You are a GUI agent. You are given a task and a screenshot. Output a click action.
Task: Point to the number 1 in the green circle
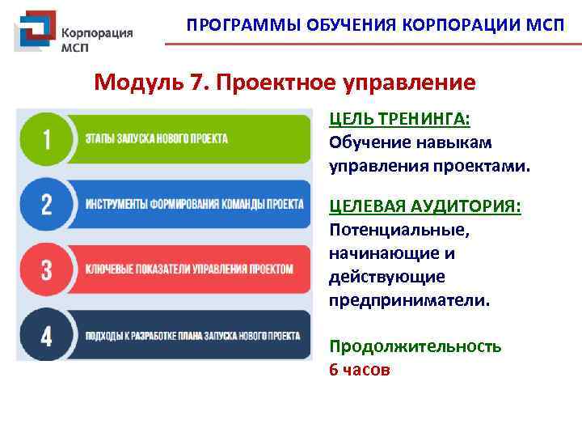(x=45, y=139)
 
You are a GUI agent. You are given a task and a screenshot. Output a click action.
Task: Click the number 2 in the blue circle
(x=45, y=203)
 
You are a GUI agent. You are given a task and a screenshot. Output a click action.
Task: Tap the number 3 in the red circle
(x=45, y=269)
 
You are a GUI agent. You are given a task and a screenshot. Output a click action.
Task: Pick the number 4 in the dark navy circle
(x=45, y=335)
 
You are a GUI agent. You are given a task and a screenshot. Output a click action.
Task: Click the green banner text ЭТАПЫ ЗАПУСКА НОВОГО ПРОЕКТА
(x=157, y=138)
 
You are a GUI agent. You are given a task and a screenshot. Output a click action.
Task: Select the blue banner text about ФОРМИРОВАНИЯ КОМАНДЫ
(x=195, y=203)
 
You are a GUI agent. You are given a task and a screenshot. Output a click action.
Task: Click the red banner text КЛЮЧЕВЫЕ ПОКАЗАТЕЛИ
(x=189, y=269)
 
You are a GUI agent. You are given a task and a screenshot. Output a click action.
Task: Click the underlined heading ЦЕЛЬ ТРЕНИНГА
(x=399, y=119)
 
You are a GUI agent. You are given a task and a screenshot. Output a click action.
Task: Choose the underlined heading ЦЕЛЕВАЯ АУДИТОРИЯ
(x=424, y=206)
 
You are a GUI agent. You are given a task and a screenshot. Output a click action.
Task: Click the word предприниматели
(x=409, y=300)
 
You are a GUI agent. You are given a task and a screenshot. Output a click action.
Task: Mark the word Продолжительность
(x=415, y=346)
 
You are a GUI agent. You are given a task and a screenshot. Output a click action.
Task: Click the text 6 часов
(x=360, y=370)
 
